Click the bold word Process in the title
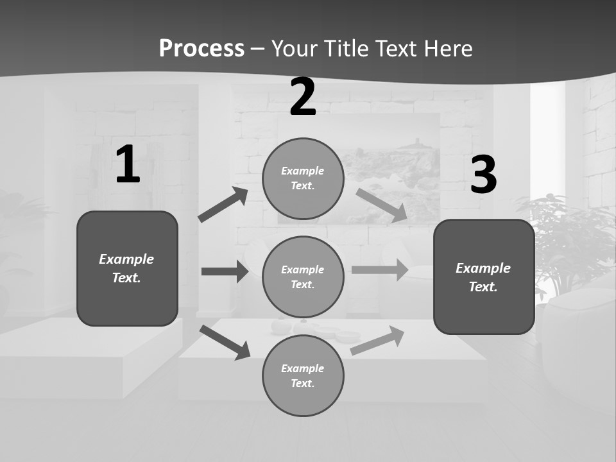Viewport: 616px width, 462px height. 201,49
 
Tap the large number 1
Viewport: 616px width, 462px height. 128,164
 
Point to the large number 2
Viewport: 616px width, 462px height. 303,97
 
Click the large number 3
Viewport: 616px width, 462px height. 484,175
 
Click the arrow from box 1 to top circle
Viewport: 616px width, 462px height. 223,205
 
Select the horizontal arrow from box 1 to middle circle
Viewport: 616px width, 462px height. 225,271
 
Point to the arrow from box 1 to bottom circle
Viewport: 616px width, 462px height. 225,342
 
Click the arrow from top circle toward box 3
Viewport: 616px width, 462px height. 381,205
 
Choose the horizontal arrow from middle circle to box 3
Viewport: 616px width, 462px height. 380,269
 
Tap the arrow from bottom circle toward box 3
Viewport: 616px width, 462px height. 377,341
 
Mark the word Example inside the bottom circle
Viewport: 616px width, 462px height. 303,368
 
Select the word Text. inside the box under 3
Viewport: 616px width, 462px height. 483,287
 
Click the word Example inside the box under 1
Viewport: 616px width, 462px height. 126,259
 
